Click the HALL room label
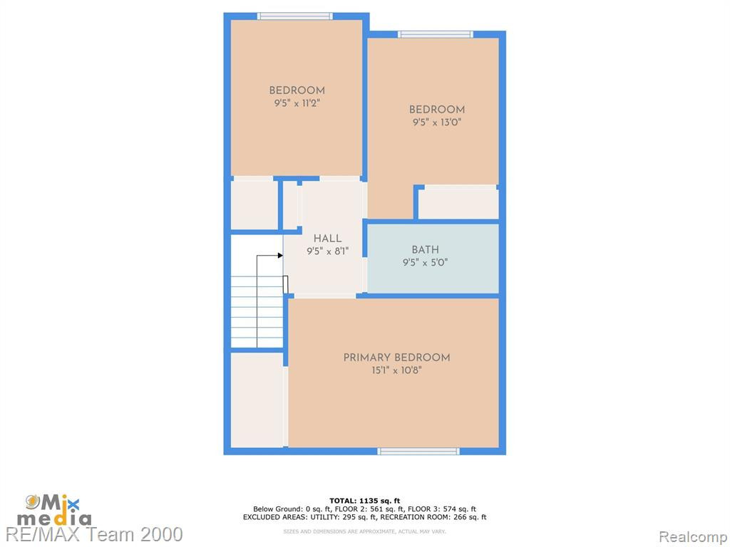(327, 239)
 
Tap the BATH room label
(425, 250)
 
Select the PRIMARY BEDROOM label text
(396, 358)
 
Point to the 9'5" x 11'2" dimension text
(297, 103)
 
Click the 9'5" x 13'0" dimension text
(437, 123)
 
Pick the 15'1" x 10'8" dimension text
(396, 370)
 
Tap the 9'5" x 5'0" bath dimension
(425, 262)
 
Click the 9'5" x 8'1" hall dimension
(327, 251)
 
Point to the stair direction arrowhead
(280, 256)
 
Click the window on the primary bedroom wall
(418, 451)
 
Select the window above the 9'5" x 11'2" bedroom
(295, 16)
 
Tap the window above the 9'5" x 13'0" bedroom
(436, 34)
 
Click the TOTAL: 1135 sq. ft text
(364, 501)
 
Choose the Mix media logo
(54, 510)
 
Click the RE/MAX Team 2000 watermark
(95, 534)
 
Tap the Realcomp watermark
(693, 537)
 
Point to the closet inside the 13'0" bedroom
(458, 202)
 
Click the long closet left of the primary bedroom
(257, 400)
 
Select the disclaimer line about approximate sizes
(364, 531)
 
